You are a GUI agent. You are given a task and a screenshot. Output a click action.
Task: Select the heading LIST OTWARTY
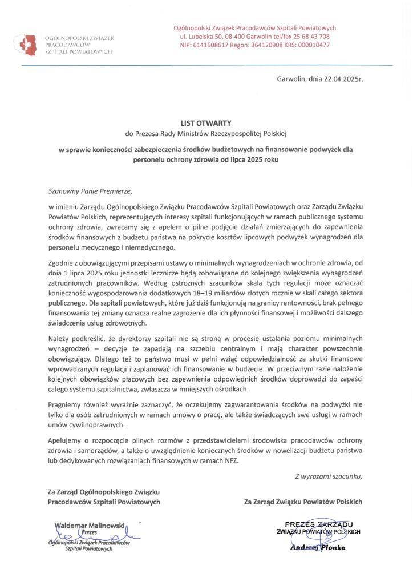[x=206, y=122]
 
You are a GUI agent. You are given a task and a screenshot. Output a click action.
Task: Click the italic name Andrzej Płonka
[x=318, y=547]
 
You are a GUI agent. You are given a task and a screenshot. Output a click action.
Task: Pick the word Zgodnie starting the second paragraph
[x=61, y=262]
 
